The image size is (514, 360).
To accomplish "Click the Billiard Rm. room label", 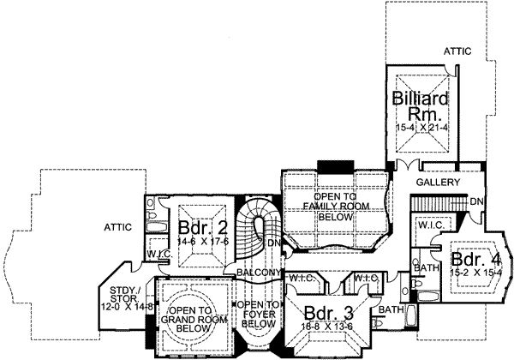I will point(417,108).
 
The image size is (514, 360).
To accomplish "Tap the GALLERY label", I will point(436,183).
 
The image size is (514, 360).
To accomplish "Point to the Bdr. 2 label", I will point(203,229).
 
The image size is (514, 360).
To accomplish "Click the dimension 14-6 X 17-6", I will point(203,243).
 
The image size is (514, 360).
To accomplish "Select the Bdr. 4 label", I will point(469,259).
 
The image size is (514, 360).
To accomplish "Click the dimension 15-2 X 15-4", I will point(469,273).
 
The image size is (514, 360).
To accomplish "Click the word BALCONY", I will point(259,273).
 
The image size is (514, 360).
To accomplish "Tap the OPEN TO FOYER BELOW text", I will point(258,315).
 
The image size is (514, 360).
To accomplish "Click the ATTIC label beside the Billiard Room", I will point(457,51).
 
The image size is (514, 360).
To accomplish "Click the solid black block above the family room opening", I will point(329,165).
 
